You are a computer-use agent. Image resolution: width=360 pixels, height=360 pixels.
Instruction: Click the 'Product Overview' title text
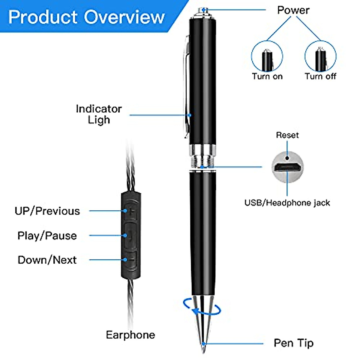pyautogui.click(x=86, y=17)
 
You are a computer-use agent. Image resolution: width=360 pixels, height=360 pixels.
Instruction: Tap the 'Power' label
pyautogui.click(x=293, y=10)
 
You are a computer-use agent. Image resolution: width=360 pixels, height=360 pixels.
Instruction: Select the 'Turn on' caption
pyautogui.click(x=267, y=76)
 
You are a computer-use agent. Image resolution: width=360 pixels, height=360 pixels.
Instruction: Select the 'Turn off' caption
pyautogui.click(x=321, y=76)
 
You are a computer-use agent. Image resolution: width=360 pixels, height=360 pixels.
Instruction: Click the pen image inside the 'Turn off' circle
pyautogui.click(x=321, y=59)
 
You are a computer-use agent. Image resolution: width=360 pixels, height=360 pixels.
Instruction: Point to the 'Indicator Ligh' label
pyautogui.click(x=99, y=114)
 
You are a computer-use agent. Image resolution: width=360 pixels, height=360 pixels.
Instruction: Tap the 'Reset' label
pyautogui.click(x=287, y=135)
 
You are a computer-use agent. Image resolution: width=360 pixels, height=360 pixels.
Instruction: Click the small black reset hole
pyautogui.click(x=287, y=158)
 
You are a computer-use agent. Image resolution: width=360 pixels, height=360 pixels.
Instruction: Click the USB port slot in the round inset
pyautogui.click(x=287, y=167)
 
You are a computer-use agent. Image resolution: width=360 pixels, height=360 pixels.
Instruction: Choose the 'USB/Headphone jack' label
pyautogui.click(x=287, y=203)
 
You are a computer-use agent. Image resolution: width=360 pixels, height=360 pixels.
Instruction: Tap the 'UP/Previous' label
pyautogui.click(x=47, y=211)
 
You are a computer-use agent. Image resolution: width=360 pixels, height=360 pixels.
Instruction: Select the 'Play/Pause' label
pyautogui.click(x=47, y=235)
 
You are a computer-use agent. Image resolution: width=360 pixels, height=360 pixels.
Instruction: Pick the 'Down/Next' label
pyautogui.click(x=47, y=260)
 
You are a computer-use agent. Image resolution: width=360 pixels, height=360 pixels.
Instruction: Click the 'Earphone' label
pyautogui.click(x=130, y=335)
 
